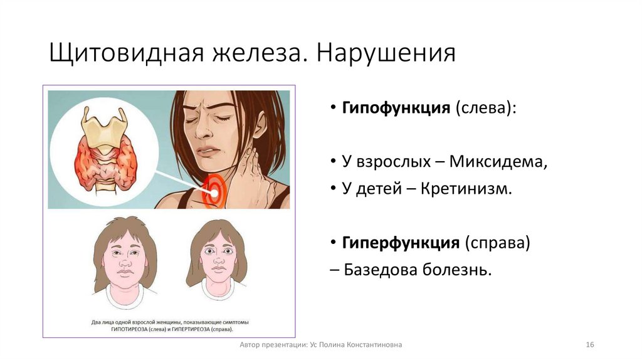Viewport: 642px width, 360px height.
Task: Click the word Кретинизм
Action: (x=470, y=188)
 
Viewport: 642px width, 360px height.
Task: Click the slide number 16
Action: (x=589, y=345)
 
